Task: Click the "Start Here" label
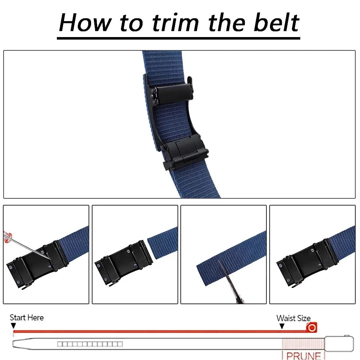click(x=27, y=318)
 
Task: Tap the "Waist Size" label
click(x=293, y=318)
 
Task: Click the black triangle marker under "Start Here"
click(x=14, y=326)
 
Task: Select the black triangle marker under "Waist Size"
click(x=282, y=326)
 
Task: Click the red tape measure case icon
click(x=311, y=328)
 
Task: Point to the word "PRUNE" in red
click(x=303, y=356)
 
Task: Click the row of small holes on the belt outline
click(x=90, y=344)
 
